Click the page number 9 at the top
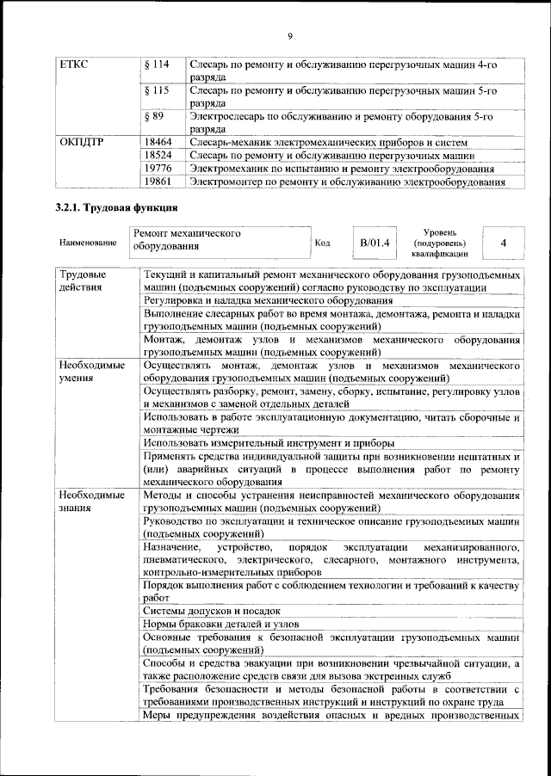coord(290,34)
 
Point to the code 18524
coord(158,155)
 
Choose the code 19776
coord(158,169)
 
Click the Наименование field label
coord(88,243)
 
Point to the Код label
coord(323,243)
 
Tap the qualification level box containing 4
coord(504,243)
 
